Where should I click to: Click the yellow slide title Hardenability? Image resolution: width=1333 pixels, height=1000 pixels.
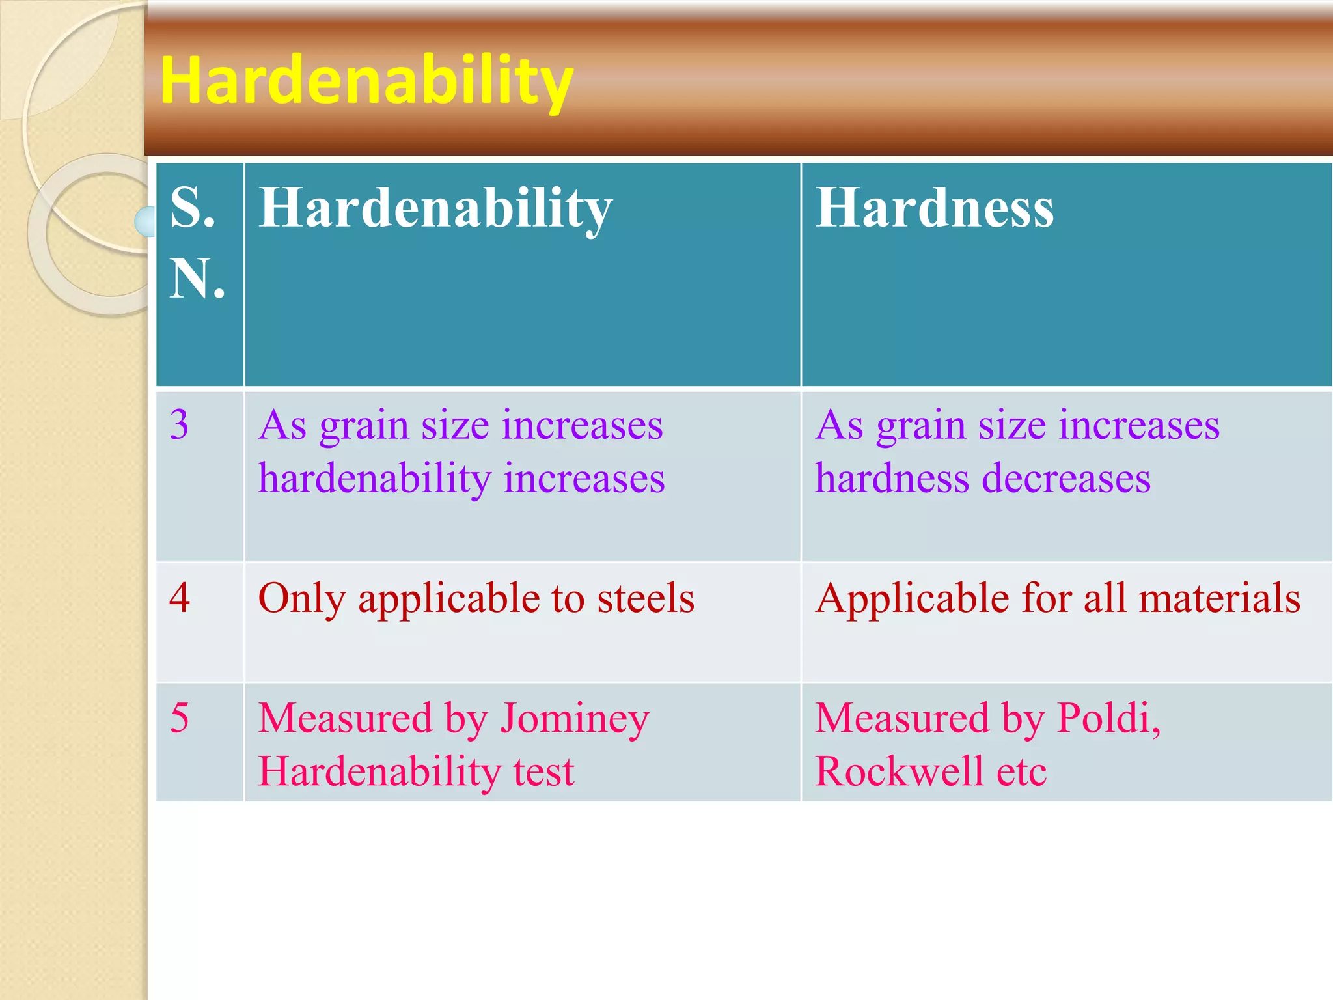[x=366, y=81]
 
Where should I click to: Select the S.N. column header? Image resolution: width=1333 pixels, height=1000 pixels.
[x=197, y=242]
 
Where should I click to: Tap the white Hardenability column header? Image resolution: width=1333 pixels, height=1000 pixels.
[x=435, y=208]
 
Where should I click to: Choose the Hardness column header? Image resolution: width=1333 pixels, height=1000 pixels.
[x=934, y=208]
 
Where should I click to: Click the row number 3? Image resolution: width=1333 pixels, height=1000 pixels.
[x=180, y=424]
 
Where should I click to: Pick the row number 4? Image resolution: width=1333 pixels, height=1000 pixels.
[x=180, y=598]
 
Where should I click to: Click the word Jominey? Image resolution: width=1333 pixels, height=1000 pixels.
[x=575, y=719]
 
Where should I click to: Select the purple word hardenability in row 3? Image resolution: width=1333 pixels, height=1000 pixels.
[x=374, y=479]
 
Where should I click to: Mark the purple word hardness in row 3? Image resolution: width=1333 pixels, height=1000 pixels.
[x=892, y=479]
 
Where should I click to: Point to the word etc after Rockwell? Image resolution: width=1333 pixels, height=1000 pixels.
[x=1022, y=771]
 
